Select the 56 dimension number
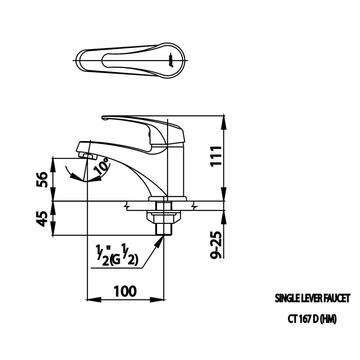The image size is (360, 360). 42,180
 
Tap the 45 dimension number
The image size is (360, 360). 42,219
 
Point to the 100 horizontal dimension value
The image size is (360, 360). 125,291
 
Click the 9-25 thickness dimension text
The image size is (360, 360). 216,245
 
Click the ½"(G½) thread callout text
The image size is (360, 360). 117,255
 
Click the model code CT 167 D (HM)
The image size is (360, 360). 312,319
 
